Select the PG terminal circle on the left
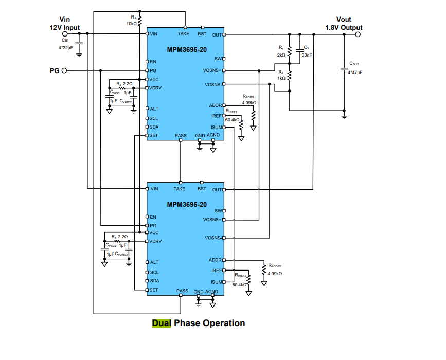[x=65, y=70]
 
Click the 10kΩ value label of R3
[x=132, y=24]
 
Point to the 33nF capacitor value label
[x=307, y=55]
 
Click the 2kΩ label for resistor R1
[x=281, y=55]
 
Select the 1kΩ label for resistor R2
[x=281, y=78]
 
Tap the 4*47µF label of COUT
[x=354, y=73]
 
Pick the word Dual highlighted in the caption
[x=161, y=323]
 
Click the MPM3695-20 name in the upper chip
[x=187, y=50]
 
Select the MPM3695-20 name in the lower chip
[x=187, y=204]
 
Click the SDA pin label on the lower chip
[x=154, y=281]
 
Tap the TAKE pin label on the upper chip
[x=184, y=34]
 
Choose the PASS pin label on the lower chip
[x=182, y=291]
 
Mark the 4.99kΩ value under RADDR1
[x=249, y=103]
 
